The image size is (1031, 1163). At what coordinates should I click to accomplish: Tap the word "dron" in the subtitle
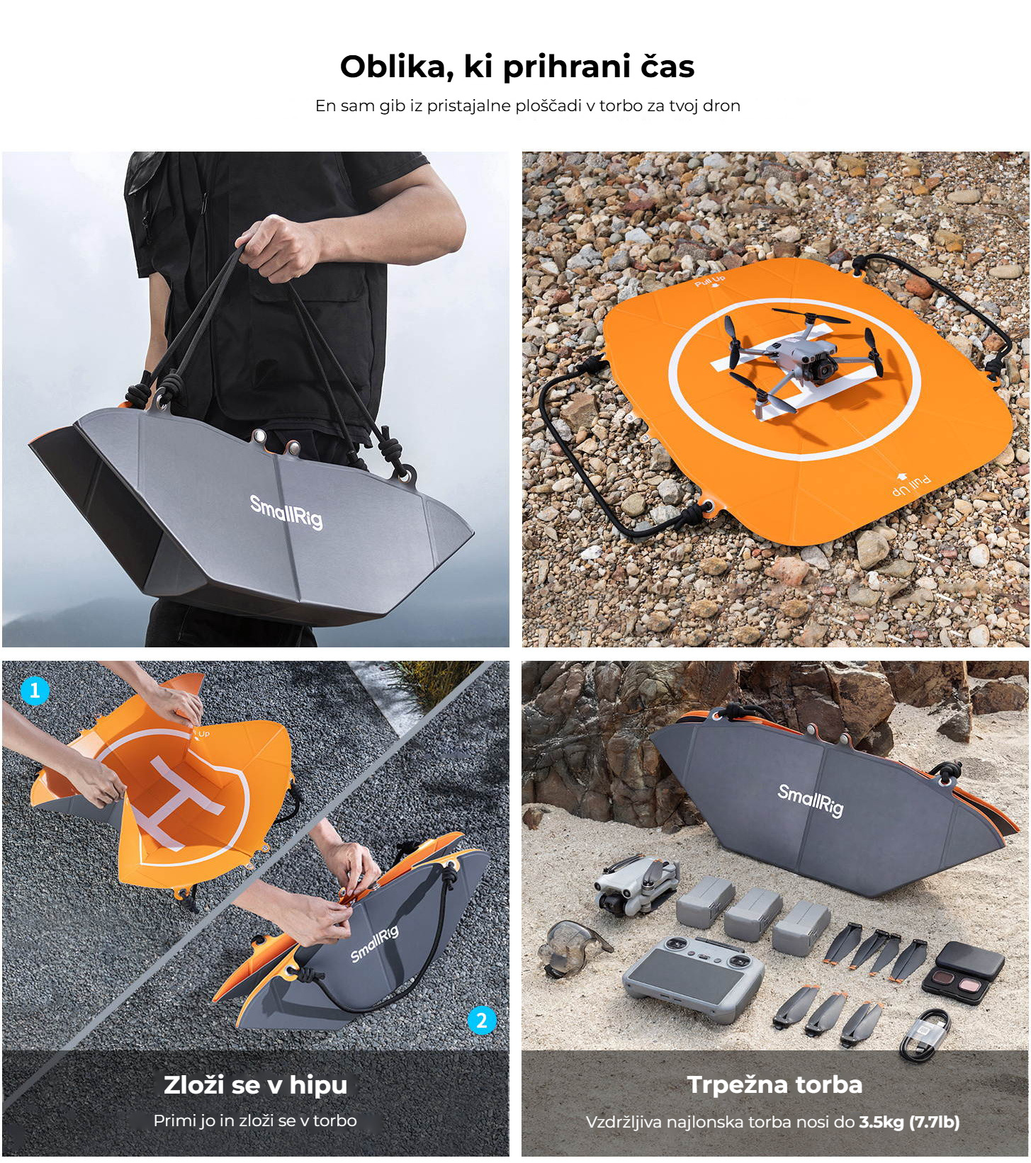coord(721,106)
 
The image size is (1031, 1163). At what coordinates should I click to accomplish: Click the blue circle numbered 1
coord(35,690)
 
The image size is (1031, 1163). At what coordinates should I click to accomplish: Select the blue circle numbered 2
coord(482,1020)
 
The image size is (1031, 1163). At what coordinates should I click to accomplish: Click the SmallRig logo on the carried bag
coord(286,511)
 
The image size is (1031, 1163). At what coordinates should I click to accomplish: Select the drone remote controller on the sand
coord(693,977)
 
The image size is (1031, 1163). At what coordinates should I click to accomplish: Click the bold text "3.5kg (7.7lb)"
coord(910,1122)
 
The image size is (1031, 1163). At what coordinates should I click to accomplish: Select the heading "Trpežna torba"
coord(775,1084)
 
